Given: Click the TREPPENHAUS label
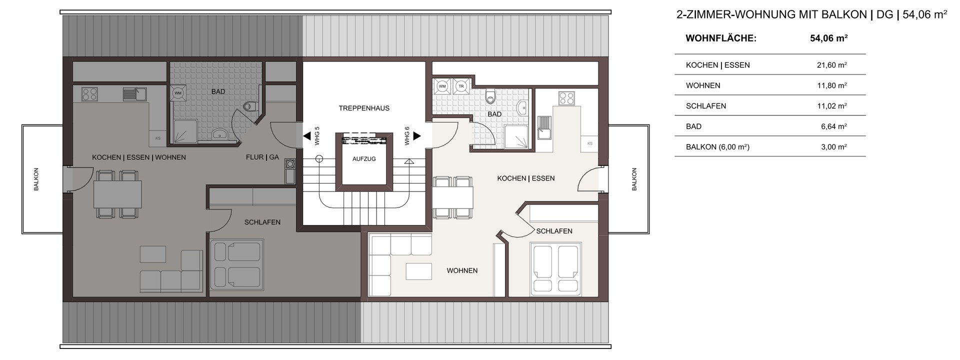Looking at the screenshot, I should (x=363, y=108).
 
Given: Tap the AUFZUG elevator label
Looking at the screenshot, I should (x=363, y=158).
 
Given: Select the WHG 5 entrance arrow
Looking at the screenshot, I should (x=306, y=135).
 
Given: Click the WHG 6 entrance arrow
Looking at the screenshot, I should (x=416, y=135).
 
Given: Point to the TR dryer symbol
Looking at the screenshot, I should (x=461, y=86).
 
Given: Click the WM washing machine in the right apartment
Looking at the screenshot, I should (x=442, y=86).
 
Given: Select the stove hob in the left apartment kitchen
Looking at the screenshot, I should (x=89, y=94).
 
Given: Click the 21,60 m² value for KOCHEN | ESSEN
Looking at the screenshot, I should (x=831, y=65).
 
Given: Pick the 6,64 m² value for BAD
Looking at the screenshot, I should (x=833, y=126).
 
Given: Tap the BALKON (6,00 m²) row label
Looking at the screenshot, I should (x=717, y=147).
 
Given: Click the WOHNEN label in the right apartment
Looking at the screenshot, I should (x=462, y=270).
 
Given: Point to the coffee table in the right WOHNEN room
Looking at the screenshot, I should (x=419, y=271).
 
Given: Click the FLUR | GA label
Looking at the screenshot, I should (x=262, y=157).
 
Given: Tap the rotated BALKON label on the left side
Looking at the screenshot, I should (x=36, y=179).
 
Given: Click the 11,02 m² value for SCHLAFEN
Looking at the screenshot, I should (x=831, y=106).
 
